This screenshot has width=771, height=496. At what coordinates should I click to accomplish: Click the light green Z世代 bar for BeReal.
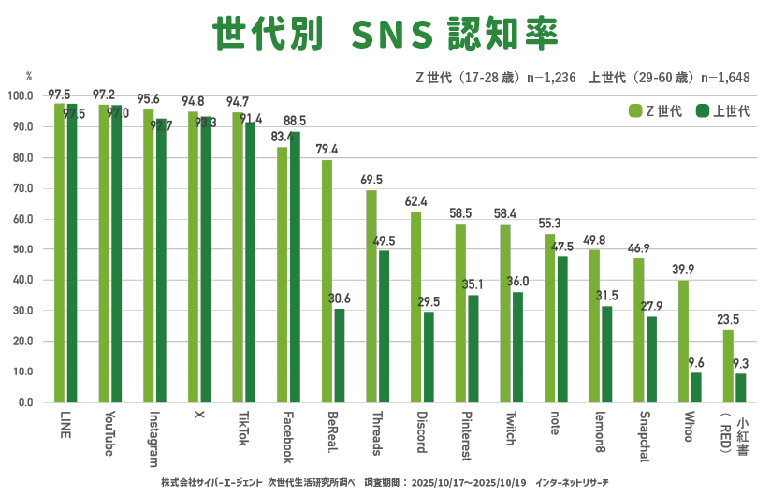pyautogui.click(x=327, y=281)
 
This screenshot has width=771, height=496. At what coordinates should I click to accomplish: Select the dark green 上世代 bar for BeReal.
pyautogui.click(x=340, y=356)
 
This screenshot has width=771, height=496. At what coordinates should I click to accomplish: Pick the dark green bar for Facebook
pyautogui.click(x=295, y=267)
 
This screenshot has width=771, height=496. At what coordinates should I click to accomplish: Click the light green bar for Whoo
pyautogui.click(x=683, y=342)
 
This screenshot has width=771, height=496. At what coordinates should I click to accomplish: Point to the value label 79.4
pyautogui.click(x=327, y=150)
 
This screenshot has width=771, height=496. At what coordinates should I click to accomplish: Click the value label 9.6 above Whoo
pyautogui.click(x=695, y=363)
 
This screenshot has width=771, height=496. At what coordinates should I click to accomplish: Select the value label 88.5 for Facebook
pyautogui.click(x=295, y=121)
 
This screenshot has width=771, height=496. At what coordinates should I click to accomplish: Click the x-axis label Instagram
pyautogui.click(x=153, y=437)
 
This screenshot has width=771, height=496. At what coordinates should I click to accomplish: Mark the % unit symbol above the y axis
pyautogui.click(x=29, y=75)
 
